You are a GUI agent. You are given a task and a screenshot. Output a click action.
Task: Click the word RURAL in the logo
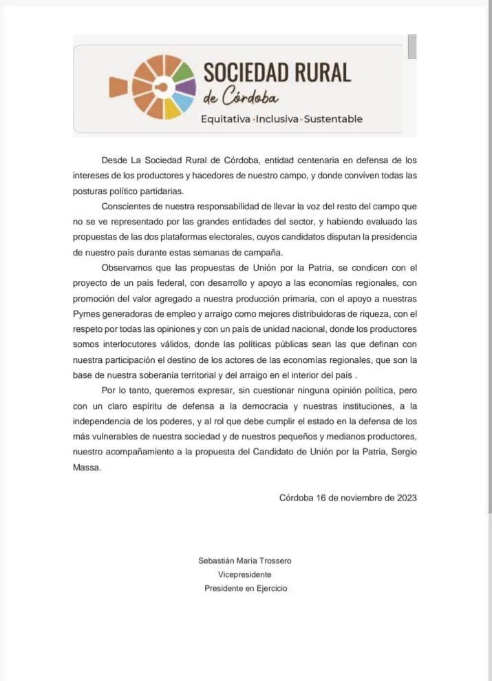pyautogui.click(x=320, y=72)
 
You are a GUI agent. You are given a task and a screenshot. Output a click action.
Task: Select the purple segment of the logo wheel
pyautogui.click(x=186, y=87)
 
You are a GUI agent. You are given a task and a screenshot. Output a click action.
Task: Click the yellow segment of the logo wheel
pyautogui.click(x=171, y=109)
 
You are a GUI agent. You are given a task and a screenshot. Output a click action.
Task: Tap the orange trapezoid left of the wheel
pyautogui.click(x=118, y=86)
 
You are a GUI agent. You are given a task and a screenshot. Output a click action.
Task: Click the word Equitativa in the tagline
pyautogui.click(x=226, y=119)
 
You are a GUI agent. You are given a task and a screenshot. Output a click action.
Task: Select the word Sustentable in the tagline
pyautogui.click(x=333, y=119)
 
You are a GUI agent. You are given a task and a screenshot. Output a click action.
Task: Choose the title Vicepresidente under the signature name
pyautogui.click(x=245, y=574)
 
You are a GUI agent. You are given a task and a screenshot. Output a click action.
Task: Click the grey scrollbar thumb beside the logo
pyautogui.click(x=412, y=47)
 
